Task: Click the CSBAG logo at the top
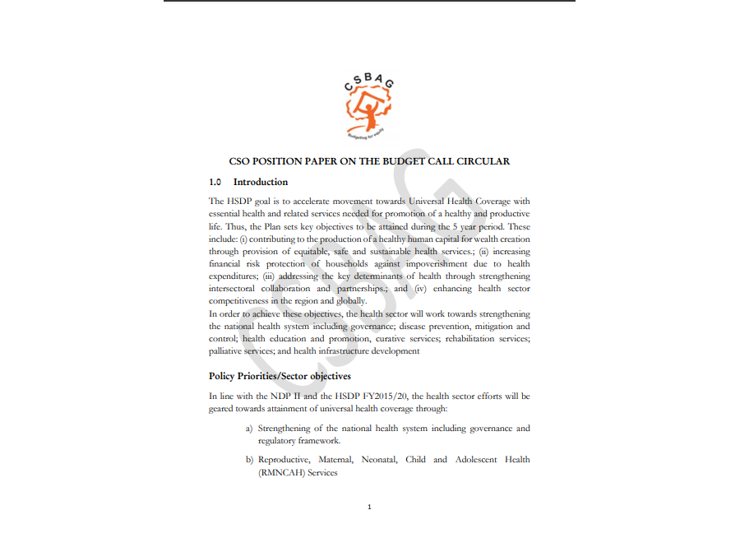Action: (369, 104)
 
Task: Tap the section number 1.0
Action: (215, 182)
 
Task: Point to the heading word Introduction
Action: (261, 182)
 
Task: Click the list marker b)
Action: (249, 460)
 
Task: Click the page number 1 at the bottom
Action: (370, 507)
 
